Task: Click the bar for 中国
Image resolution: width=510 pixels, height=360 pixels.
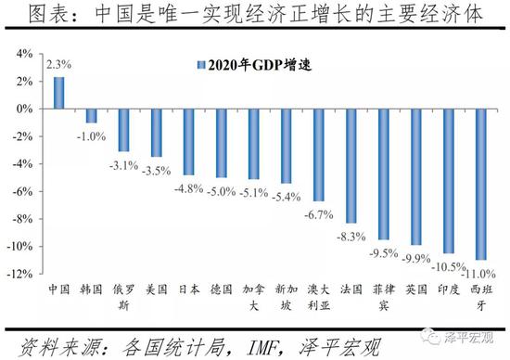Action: (x=58, y=93)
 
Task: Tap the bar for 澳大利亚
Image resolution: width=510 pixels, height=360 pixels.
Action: (x=318, y=154)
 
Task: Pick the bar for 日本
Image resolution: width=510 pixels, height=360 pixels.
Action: (x=188, y=141)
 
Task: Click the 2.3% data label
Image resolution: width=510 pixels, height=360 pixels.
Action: (x=58, y=65)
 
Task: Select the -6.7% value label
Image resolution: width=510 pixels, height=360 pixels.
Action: (x=318, y=213)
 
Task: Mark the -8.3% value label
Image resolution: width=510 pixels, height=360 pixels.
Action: (x=351, y=236)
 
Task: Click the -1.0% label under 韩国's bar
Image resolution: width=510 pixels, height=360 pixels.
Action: (x=91, y=136)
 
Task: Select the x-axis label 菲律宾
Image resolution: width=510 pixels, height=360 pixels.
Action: (x=383, y=297)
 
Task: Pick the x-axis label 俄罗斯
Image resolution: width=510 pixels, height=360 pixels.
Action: (x=123, y=297)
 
